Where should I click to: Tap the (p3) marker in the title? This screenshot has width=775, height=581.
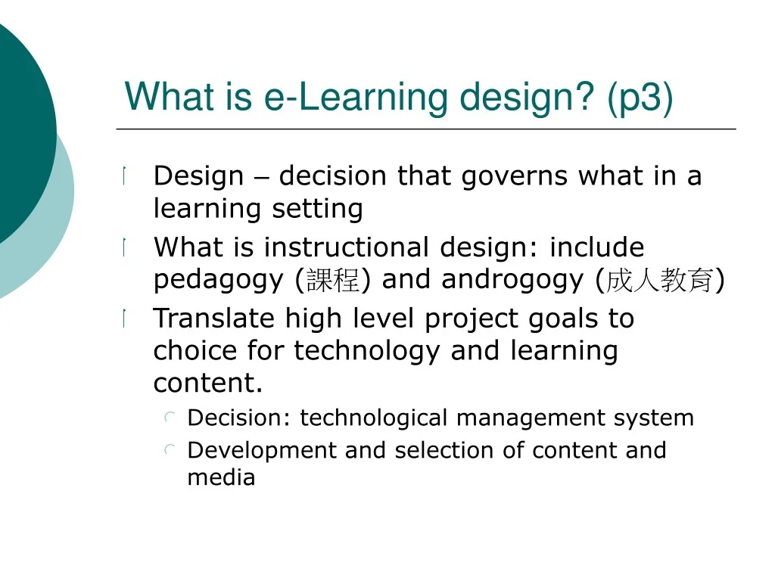coord(640,98)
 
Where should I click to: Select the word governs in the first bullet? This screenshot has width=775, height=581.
coord(514,177)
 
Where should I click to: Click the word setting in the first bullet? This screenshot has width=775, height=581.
coord(317,208)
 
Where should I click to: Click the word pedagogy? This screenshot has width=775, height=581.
coord(219,281)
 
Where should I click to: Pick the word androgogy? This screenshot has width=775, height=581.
coord(512,281)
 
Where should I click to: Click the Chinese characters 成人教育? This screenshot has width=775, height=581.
coord(660,280)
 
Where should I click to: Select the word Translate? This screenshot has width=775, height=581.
coord(213,318)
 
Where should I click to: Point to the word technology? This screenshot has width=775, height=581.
coord(367,351)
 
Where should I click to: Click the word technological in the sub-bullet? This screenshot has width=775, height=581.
coord(374,418)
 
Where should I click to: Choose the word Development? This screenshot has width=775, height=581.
coord(262,451)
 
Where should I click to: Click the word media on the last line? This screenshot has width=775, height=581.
coord(222,478)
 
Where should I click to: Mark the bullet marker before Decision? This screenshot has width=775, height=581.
coord(170,418)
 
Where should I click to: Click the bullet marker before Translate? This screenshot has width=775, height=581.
coord(125,318)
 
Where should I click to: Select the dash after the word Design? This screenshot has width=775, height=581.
coord(261,179)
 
